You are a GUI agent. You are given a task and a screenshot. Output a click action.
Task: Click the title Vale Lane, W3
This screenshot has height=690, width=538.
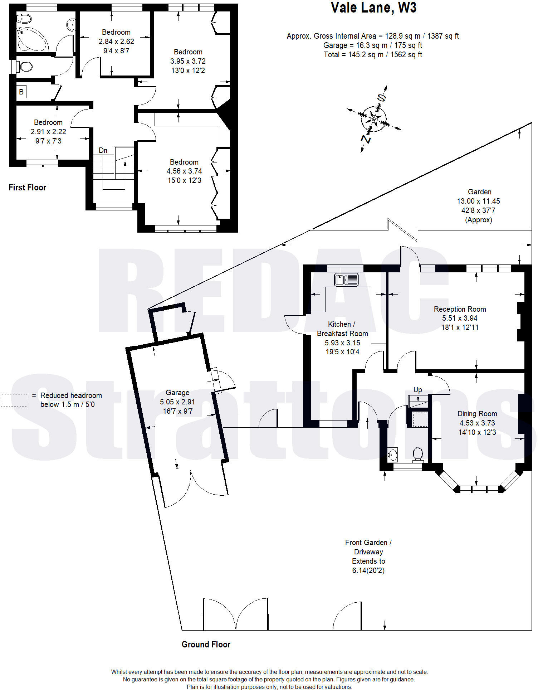point(373,8)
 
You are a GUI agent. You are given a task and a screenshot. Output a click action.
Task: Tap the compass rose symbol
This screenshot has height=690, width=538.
point(374,118)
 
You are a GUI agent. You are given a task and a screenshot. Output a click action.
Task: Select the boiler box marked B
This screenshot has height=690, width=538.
point(21,92)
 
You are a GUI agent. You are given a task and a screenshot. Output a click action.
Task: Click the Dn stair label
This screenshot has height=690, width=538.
point(103,150)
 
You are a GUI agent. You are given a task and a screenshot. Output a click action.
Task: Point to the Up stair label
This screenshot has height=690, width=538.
point(417,389)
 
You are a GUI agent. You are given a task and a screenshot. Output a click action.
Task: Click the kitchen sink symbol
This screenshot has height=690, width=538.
point(346,280)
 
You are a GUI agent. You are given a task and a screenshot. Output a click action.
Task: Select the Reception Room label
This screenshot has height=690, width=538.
point(460,309)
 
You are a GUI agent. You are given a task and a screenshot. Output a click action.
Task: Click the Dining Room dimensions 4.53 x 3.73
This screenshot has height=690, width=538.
point(477,423)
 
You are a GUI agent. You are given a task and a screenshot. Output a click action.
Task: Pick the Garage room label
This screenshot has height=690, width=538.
point(177,393)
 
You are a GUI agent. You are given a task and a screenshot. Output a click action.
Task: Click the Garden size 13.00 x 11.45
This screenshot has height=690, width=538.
point(478,201)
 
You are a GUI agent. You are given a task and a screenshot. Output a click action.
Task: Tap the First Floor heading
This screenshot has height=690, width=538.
point(28,188)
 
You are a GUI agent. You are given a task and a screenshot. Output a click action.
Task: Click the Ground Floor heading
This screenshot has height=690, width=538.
point(206,645)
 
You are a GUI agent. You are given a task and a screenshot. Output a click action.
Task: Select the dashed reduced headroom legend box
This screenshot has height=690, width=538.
point(14,400)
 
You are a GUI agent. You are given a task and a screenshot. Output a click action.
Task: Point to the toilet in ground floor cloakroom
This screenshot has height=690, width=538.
point(418,454)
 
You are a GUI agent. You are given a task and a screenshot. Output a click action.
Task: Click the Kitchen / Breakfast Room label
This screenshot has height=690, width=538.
point(342,329)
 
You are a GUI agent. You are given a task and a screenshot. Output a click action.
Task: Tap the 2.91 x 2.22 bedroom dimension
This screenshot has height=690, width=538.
point(48,132)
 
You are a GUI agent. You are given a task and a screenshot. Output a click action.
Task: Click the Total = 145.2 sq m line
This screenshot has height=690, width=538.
point(373,55)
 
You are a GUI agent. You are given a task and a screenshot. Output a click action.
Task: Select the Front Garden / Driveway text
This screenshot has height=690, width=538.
point(368,547)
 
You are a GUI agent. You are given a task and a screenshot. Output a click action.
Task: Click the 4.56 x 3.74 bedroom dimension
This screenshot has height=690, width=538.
point(184,171)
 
